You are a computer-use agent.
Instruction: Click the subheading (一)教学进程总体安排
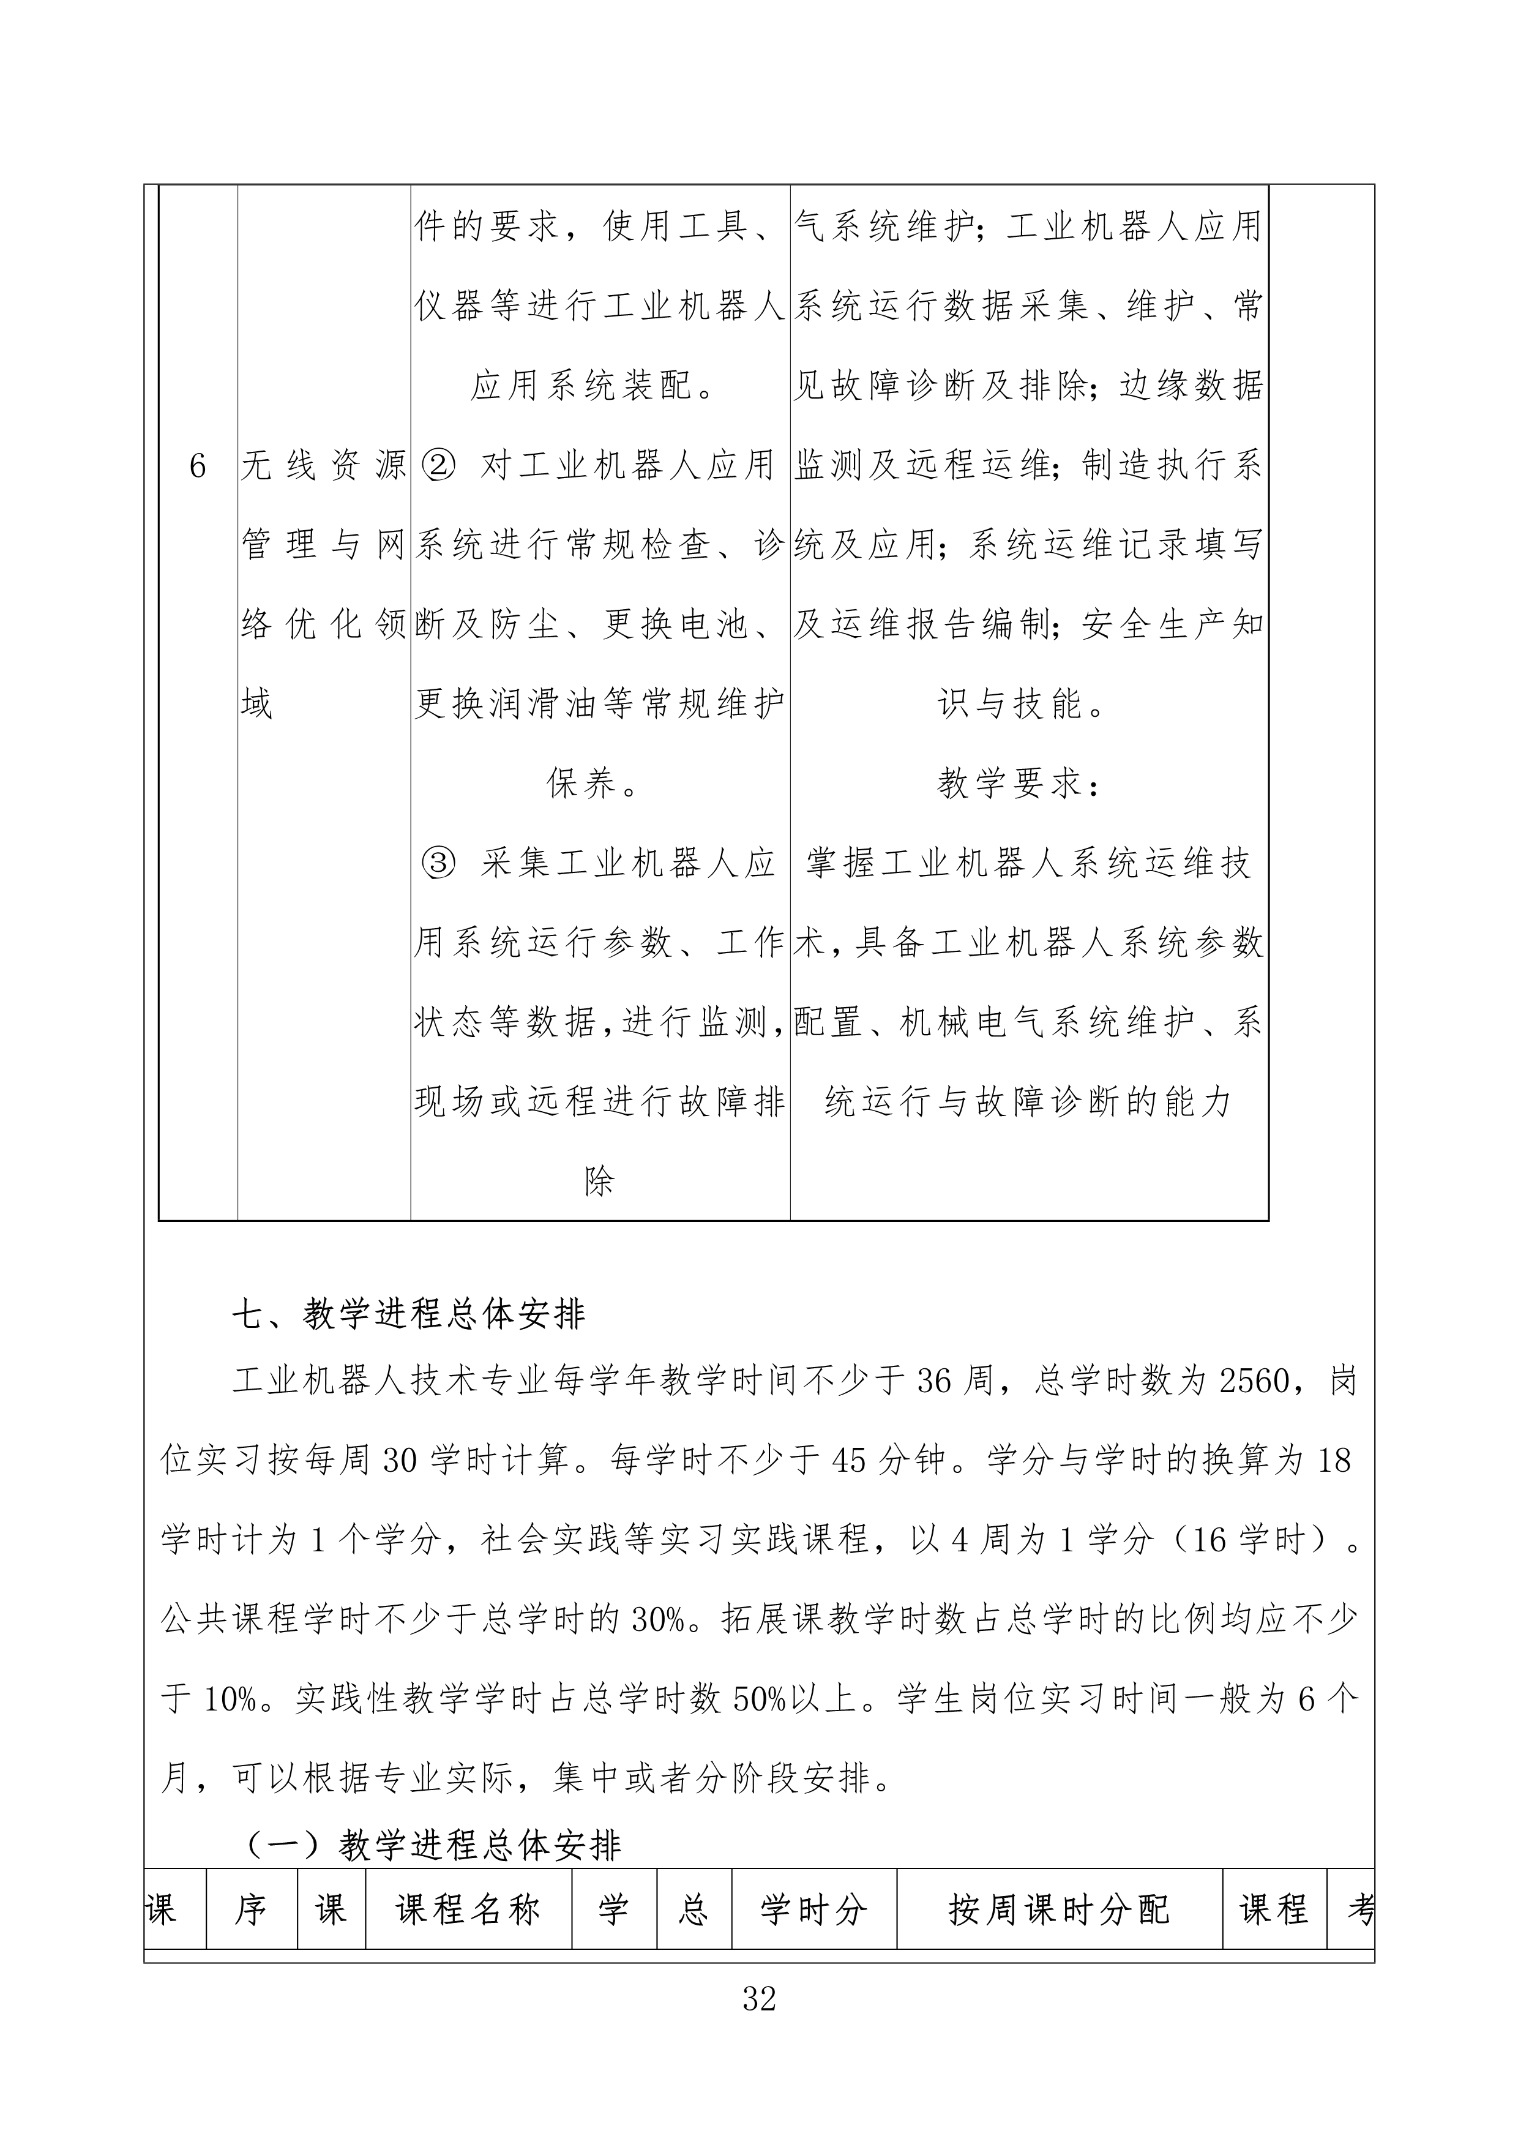pos(433,1845)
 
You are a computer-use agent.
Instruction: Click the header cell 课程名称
pos(468,1909)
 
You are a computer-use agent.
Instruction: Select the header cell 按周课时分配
pos(1059,1909)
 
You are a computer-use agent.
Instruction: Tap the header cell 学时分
pos(813,1909)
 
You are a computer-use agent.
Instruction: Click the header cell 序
pos(250,1909)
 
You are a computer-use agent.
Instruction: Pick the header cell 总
pos(693,1909)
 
